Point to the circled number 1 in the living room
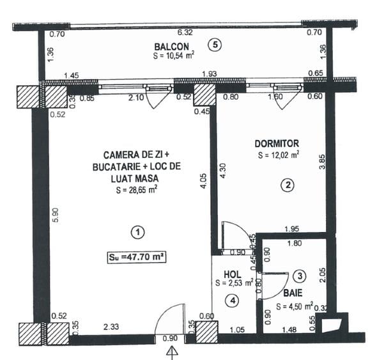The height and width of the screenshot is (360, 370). point(135,231)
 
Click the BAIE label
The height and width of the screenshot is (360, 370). point(293,293)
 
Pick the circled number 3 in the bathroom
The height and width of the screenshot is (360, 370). point(300,276)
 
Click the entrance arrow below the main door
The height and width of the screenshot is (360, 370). point(171,351)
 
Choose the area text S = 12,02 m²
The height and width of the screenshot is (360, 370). point(279,155)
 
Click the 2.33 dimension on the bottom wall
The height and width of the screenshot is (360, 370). point(112,327)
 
